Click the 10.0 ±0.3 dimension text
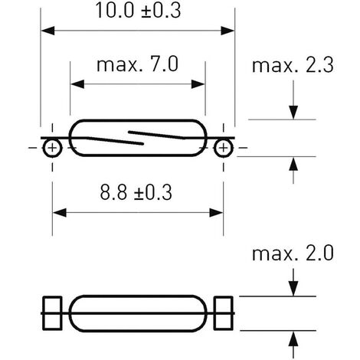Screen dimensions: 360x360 138,10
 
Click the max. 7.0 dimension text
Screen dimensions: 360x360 137,64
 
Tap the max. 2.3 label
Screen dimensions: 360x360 293,65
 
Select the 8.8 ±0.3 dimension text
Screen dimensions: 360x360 136,192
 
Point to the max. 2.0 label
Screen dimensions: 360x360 293,254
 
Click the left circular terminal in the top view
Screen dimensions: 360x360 52,148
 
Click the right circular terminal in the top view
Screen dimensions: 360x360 224,148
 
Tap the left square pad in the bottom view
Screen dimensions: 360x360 52,313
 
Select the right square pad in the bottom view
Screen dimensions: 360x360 224,313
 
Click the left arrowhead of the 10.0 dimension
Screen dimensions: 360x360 47,31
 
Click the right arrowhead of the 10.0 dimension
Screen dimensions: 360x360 227,31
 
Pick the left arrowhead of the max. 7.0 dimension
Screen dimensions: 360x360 77,84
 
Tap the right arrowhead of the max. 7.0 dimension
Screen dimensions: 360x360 198,84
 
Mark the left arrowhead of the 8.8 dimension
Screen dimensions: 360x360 60,213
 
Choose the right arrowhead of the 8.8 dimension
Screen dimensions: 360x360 216,213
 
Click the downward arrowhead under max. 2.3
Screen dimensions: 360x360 293,113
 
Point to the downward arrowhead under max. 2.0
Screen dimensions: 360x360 293,290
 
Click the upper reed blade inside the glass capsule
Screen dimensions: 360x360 156,135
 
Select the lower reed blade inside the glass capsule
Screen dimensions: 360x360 116,141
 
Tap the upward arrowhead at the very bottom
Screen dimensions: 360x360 293,339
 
